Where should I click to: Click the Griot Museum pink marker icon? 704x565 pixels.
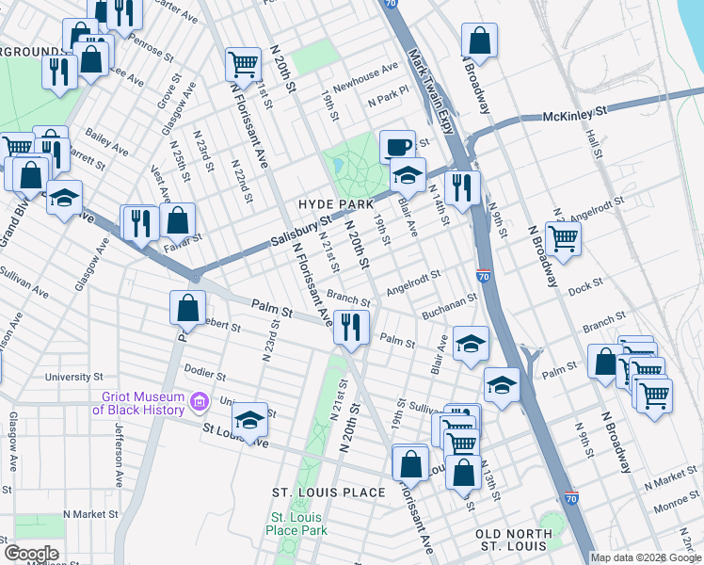(x=199, y=402)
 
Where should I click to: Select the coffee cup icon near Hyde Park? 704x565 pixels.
(x=396, y=146)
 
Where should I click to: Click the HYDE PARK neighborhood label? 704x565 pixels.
(x=336, y=204)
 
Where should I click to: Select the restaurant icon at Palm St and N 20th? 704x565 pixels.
(x=349, y=327)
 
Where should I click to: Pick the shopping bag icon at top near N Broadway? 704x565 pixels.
(x=480, y=40)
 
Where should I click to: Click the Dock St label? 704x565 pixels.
(x=584, y=282)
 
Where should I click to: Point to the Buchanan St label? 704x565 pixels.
(x=450, y=302)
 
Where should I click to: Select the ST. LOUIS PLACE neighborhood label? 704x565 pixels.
(x=328, y=492)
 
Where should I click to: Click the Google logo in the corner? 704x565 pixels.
(x=31, y=554)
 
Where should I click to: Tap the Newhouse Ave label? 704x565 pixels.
(x=366, y=74)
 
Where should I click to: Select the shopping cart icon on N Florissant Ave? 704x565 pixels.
(x=243, y=64)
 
